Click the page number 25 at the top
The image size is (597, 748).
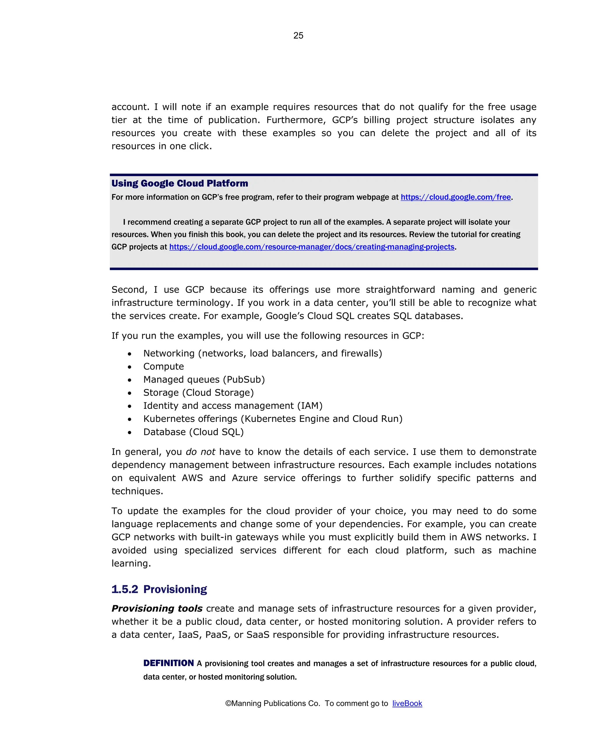tap(298, 35)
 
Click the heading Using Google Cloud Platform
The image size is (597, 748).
tap(180, 183)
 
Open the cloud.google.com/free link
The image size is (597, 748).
tap(455, 197)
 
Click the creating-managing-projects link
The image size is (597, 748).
tap(311, 247)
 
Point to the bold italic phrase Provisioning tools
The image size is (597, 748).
tap(157, 608)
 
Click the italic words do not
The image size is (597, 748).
tap(200, 452)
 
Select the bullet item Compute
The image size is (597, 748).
tap(164, 366)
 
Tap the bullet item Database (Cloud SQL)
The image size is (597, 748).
tap(193, 432)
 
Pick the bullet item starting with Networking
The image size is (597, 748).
tap(262, 353)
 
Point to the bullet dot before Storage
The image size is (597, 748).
tap(129, 393)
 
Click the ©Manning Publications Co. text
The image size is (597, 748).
tap(272, 703)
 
